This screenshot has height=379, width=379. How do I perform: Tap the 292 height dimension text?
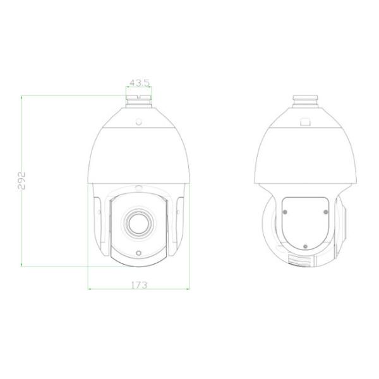[20, 181]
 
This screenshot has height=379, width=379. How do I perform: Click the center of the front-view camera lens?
[138, 221]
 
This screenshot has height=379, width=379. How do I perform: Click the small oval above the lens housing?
[138, 187]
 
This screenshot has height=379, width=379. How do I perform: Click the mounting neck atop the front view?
[138, 100]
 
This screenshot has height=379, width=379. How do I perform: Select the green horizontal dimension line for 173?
[138, 290]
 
